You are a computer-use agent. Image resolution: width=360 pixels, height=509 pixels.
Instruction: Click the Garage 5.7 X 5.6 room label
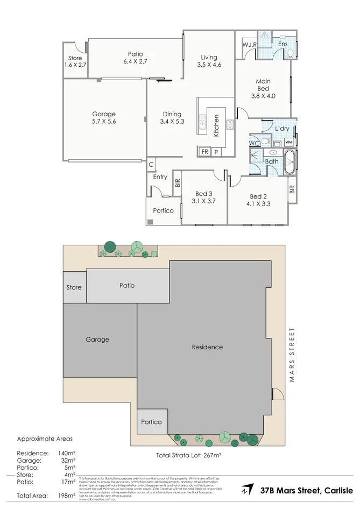pyautogui.click(x=104, y=118)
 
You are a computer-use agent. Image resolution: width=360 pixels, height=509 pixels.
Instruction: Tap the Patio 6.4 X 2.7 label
pyautogui.click(x=135, y=58)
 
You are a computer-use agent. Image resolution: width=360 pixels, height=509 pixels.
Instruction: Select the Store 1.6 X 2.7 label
pyautogui.click(x=75, y=61)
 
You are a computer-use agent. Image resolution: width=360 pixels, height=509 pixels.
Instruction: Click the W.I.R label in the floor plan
pyautogui.click(x=249, y=45)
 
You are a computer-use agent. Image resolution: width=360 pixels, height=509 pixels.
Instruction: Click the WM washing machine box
pyautogui.click(x=288, y=142)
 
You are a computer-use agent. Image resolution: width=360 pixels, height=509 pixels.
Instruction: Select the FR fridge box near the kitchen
pyautogui.click(x=205, y=152)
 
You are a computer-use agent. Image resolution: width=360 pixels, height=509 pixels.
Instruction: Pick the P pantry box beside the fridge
pyautogui.click(x=216, y=152)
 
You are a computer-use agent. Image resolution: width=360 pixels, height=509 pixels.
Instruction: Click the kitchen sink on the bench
pyautogui.click(x=202, y=124)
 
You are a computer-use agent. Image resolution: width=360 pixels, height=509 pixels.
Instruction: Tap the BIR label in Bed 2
pyautogui.click(x=292, y=189)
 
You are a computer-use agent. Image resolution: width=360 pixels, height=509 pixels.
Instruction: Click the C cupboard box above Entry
pyautogui.click(x=151, y=164)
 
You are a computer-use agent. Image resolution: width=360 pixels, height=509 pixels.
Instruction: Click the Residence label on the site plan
pyautogui.click(x=207, y=347)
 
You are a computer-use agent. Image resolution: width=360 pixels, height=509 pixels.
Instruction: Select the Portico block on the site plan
pyautogui.click(x=152, y=422)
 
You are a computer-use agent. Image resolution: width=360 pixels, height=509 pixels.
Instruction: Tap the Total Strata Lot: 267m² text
pyautogui.click(x=189, y=455)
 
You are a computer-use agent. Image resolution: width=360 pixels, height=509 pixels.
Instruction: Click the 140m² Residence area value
pyautogui.click(x=66, y=453)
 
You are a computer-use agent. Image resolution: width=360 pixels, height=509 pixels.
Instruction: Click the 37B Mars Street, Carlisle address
pyautogui.click(x=307, y=490)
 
